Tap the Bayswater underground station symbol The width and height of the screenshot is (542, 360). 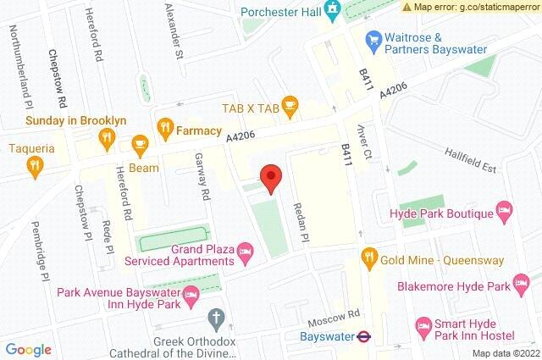(x=362, y=335)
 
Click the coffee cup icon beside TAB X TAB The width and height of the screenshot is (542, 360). (x=291, y=107)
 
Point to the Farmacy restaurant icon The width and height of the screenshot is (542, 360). (x=164, y=129)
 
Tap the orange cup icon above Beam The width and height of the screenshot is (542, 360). (x=139, y=145)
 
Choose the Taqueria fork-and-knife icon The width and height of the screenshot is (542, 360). (x=35, y=166)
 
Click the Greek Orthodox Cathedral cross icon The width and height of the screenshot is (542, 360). (x=216, y=319)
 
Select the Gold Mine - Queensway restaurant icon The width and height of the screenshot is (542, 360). (x=368, y=255)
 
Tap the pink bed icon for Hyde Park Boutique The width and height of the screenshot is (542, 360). (x=503, y=208)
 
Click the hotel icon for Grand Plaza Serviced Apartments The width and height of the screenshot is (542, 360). (x=245, y=250)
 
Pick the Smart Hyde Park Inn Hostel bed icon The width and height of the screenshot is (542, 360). (x=423, y=324)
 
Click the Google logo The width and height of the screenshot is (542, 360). (x=29, y=349)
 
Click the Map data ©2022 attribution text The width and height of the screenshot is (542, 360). (x=505, y=352)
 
